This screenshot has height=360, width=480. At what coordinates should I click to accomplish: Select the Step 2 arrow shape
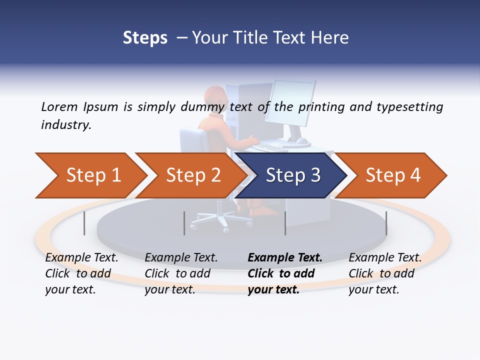point(193,175)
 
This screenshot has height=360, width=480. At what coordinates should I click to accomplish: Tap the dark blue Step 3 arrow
point(293,175)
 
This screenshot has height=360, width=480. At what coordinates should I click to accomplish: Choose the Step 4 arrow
point(393,175)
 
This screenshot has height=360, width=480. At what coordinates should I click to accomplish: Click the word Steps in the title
point(145,38)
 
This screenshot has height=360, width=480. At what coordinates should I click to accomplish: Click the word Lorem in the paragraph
point(60,107)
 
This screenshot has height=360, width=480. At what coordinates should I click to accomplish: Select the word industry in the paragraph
point(65,125)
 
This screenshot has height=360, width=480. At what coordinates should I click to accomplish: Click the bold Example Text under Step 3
point(285,258)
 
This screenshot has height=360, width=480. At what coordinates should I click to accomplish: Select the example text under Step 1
point(81,273)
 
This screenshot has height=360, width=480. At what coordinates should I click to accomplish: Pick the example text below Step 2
point(181,273)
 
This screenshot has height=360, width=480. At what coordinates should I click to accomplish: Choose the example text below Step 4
point(385,273)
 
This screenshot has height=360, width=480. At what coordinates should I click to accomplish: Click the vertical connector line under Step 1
point(84,223)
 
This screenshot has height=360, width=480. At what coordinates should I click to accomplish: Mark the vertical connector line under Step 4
point(386,223)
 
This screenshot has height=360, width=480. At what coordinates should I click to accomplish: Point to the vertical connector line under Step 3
point(285,223)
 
